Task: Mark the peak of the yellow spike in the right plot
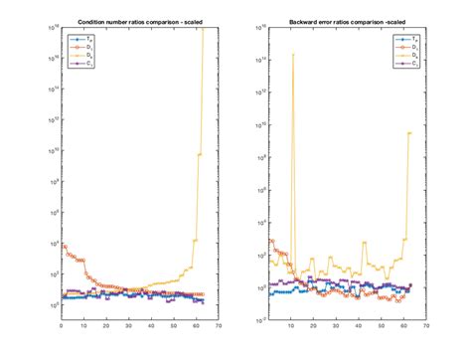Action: click(x=293, y=54)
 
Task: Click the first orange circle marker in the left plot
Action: click(x=64, y=245)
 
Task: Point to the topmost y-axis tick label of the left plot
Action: click(x=54, y=27)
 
